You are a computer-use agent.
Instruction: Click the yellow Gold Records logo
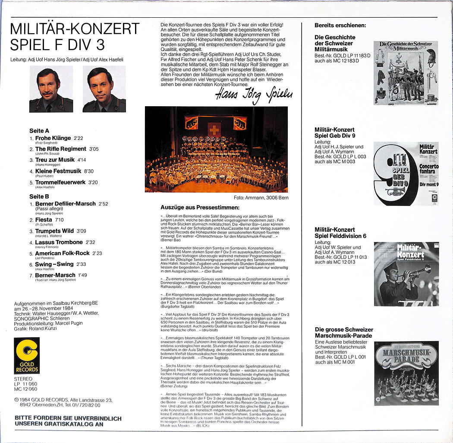(27, 355)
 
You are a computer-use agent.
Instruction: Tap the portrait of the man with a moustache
(51, 89)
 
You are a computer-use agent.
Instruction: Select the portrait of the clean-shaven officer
(104, 89)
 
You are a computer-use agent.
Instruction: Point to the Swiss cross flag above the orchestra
(214, 129)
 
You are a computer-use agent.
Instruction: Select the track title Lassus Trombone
(59, 242)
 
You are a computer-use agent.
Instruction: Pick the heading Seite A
(39, 130)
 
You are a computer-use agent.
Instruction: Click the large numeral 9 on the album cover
(390, 175)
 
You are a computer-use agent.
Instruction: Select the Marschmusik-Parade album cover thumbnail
(406, 373)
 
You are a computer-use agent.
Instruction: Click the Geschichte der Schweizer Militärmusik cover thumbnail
(406, 73)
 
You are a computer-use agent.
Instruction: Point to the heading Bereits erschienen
(340, 25)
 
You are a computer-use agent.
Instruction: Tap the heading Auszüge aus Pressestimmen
(200, 207)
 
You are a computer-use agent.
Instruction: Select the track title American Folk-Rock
(62, 253)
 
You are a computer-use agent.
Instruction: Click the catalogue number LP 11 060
(26, 383)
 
